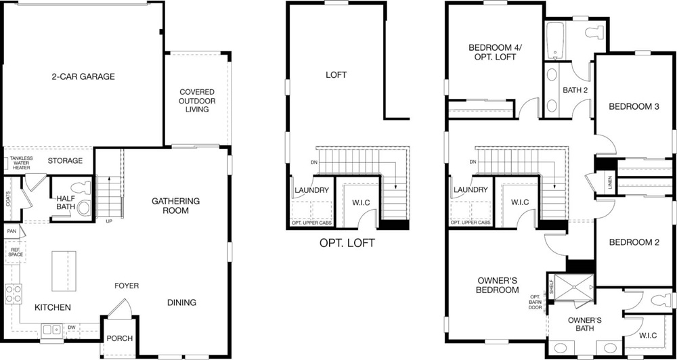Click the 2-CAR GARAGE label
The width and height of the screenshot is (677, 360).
pyautogui.click(x=83, y=76)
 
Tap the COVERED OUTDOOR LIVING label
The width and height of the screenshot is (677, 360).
pyautogui.click(x=197, y=101)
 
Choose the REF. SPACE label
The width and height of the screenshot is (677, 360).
pyautogui.click(x=14, y=252)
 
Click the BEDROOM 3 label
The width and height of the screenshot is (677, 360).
pyautogui.click(x=634, y=106)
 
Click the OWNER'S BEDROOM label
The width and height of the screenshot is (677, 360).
pyautogui.click(x=498, y=285)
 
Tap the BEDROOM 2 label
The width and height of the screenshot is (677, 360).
pyautogui.click(x=634, y=242)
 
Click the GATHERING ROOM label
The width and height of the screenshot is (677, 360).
pyautogui.click(x=175, y=206)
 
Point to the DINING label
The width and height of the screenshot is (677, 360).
pyautogui.click(x=181, y=302)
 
